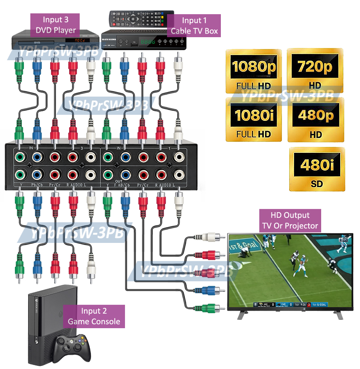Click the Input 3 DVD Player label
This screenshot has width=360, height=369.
[56, 25]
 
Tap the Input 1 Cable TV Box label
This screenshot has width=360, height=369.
[194, 26]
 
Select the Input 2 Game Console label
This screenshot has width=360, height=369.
[94, 316]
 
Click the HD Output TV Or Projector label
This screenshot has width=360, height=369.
[290, 221]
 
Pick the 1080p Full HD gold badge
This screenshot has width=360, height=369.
[253, 71]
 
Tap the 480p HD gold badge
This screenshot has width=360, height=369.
[316, 120]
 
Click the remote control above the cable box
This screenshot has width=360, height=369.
[138, 19]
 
